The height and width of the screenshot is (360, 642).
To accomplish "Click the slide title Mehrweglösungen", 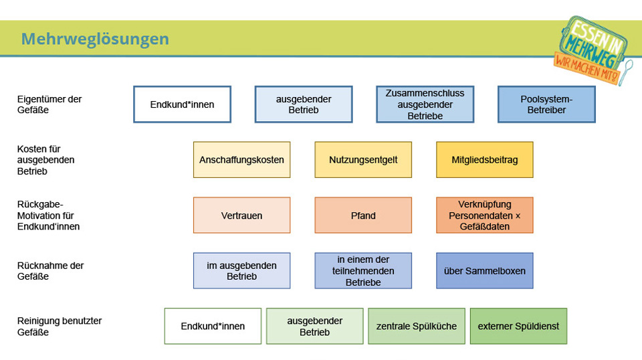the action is (95, 39).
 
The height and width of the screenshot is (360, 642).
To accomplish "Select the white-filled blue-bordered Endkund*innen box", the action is (182, 104).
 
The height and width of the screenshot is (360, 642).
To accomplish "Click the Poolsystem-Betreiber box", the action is (546, 104).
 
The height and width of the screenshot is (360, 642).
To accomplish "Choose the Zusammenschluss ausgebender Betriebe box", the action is (425, 104).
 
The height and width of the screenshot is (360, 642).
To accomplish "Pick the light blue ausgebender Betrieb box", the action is (304, 104).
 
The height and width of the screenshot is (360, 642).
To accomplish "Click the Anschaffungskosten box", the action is (241, 160).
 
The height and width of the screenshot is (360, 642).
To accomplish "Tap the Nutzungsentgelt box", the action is (363, 160).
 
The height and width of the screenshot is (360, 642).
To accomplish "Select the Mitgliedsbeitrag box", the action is (485, 160).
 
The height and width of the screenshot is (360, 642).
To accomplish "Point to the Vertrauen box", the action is (241, 215).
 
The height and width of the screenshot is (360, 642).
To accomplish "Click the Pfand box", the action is (363, 215).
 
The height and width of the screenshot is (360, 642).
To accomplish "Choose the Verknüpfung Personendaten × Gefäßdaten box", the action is (485, 215).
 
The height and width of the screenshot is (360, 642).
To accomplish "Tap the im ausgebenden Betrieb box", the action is (241, 271).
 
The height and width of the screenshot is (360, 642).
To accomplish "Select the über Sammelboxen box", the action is (485, 271).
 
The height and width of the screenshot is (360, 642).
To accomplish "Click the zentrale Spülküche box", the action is (417, 326).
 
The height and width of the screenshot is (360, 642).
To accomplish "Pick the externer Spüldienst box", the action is (518, 326).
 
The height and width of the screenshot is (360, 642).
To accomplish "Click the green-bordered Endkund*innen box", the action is (213, 326).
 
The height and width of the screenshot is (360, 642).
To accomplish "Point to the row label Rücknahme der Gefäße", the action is (50, 271).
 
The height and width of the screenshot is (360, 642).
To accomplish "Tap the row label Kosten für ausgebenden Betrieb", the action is (46, 160).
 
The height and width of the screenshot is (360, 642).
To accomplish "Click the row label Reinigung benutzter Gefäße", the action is (60, 327).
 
